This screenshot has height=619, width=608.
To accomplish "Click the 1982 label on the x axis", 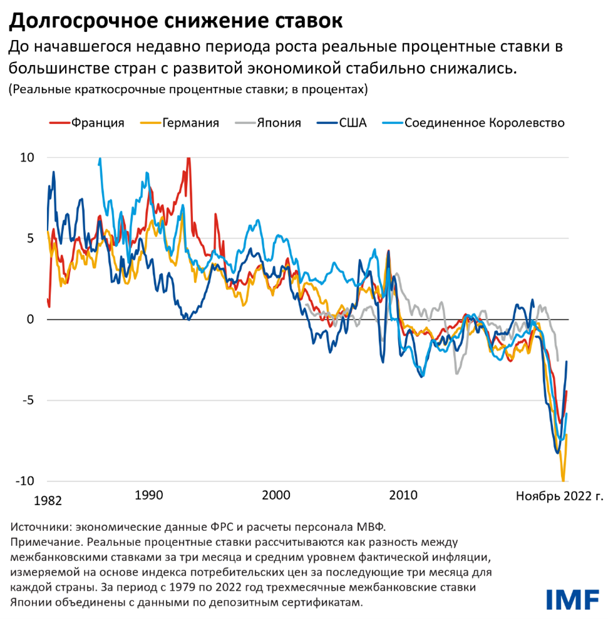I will (48, 501).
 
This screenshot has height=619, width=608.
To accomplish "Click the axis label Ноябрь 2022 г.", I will (559, 496).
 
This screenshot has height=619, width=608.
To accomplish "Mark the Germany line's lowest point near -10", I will (563, 480).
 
